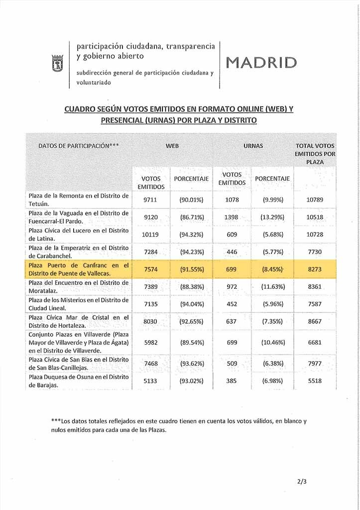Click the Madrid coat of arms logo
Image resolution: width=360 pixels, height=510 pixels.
(56, 64)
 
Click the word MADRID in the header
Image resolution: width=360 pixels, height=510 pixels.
(261, 62)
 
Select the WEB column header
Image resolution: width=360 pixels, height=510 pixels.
(172, 146)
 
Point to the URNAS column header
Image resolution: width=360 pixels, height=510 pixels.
(253, 146)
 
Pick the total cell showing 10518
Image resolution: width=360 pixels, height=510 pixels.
(315, 217)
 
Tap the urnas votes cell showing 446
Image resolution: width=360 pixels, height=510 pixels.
(232, 253)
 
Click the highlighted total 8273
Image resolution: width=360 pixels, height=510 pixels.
(315, 270)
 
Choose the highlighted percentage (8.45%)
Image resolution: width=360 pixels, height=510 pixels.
(272, 270)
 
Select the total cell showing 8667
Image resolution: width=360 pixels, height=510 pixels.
(315, 322)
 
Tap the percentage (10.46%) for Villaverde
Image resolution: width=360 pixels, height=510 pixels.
(272, 343)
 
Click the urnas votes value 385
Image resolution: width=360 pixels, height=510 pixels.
(232, 381)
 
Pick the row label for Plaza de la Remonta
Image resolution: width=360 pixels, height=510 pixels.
(79, 200)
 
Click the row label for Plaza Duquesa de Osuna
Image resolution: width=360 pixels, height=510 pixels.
(79, 381)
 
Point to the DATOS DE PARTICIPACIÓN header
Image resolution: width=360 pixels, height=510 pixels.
(78, 146)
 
